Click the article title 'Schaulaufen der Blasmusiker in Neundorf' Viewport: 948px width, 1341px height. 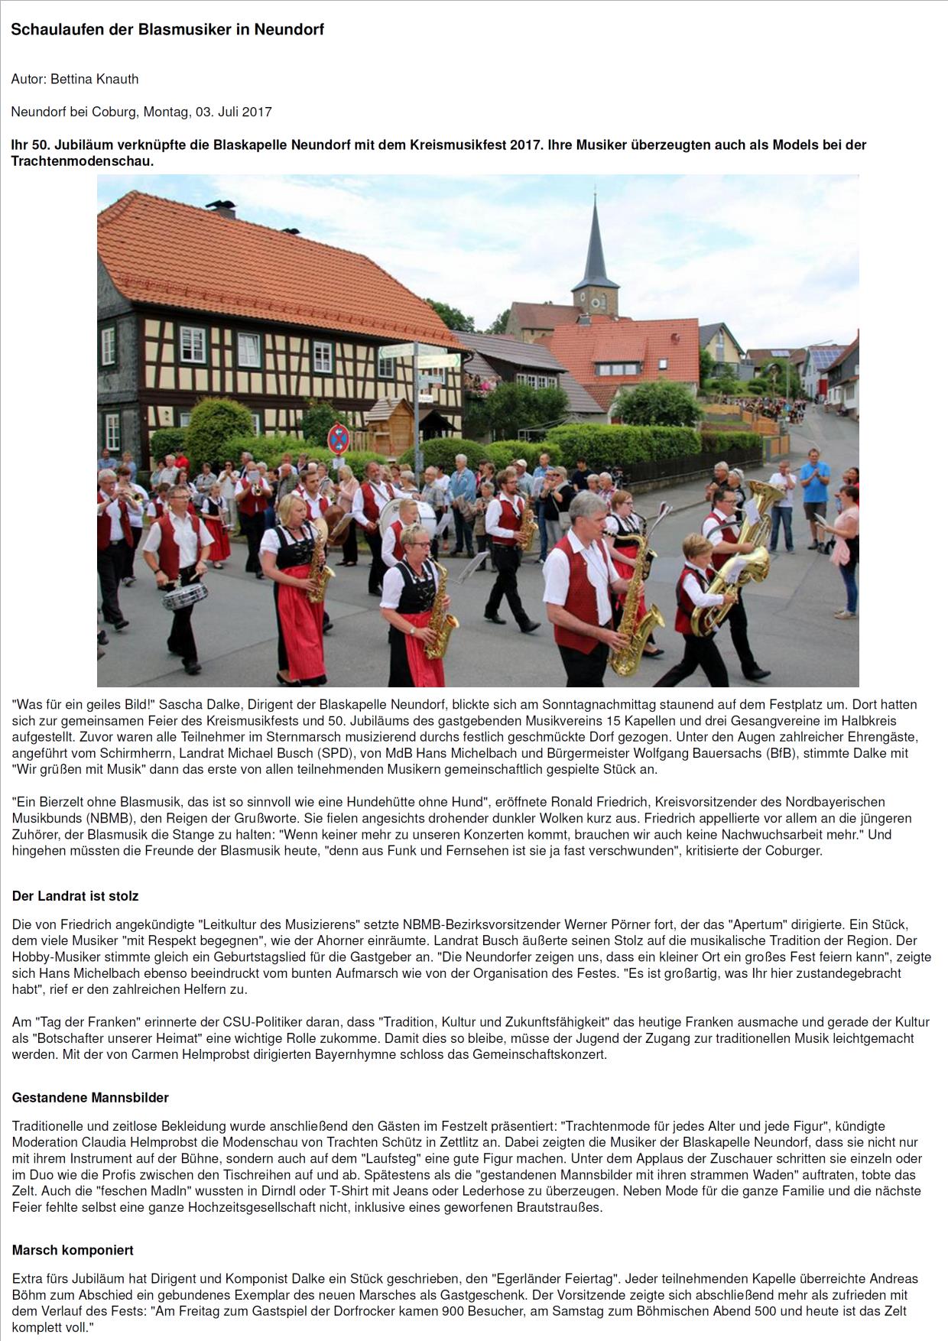167,30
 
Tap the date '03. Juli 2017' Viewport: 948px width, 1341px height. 233,112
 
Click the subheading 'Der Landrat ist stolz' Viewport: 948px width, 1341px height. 75,895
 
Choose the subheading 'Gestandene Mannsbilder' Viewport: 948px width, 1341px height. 90,1097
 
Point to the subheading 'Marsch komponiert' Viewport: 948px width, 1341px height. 73,1250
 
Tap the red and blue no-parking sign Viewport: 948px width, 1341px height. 338,440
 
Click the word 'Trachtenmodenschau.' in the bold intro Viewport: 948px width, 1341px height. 83,161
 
